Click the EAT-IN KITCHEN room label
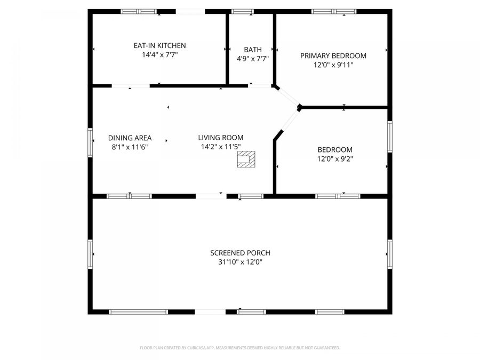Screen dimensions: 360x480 pyautogui.click(x=159, y=46)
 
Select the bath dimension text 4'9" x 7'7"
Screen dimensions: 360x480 pyautogui.click(x=252, y=59)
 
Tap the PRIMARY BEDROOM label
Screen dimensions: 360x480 pyautogui.click(x=333, y=55)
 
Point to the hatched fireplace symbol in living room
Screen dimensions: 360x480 pyautogui.click(x=246, y=159)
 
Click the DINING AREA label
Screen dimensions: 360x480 pyautogui.click(x=130, y=138)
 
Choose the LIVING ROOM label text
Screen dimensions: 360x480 pyautogui.click(x=221, y=138)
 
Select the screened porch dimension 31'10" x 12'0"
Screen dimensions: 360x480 pyautogui.click(x=240, y=262)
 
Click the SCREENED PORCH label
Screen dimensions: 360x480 pyautogui.click(x=240, y=253)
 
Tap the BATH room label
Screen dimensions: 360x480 pyautogui.click(x=252, y=50)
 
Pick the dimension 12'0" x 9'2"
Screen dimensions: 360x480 pyautogui.click(x=334, y=159)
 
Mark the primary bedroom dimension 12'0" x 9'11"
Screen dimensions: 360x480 pyautogui.click(x=333, y=65)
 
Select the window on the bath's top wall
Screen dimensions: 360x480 pyautogui.click(x=243, y=11)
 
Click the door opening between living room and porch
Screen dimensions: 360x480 pyautogui.click(x=211, y=196)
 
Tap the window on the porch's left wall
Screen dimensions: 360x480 pyautogui.click(x=90, y=254)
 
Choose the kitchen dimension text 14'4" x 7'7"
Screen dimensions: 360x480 pyautogui.click(x=159, y=55)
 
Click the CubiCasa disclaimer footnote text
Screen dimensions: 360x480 pyautogui.click(x=239, y=348)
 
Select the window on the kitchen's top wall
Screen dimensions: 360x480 pyautogui.click(x=138, y=11)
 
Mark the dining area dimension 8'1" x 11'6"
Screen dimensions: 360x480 pyautogui.click(x=130, y=147)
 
